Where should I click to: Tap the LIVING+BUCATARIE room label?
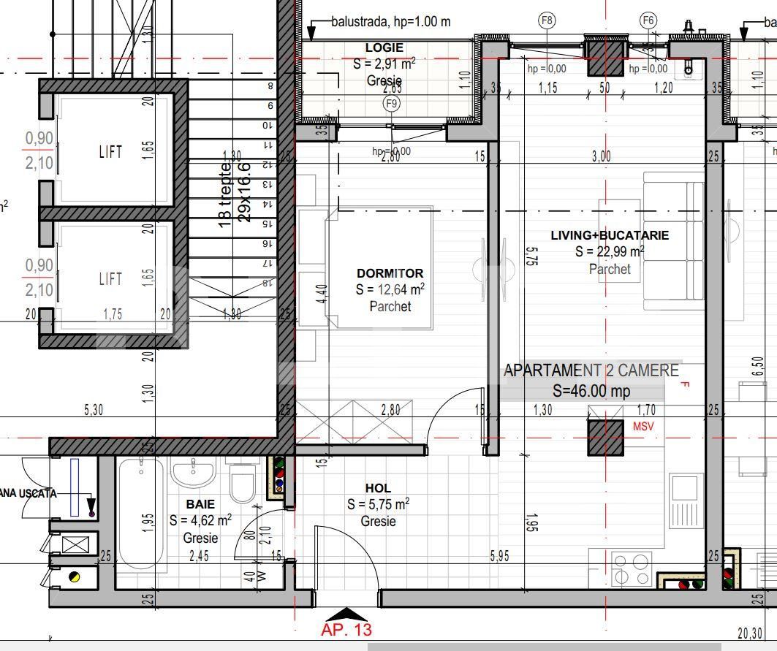[x=610, y=235]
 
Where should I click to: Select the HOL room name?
[x=378, y=488]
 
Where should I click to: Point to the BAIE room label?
[x=200, y=504]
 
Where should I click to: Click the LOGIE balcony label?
[x=384, y=48]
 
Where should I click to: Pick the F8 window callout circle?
[x=547, y=20]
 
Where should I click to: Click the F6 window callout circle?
[x=648, y=20]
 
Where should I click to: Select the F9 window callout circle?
[x=393, y=104]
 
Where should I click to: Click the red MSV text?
[x=644, y=426]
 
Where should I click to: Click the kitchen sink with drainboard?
[x=686, y=501]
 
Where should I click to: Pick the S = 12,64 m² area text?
[x=390, y=289]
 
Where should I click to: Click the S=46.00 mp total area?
[x=591, y=391]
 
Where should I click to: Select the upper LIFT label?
[x=110, y=152]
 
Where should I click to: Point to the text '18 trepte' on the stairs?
[x=226, y=194]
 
